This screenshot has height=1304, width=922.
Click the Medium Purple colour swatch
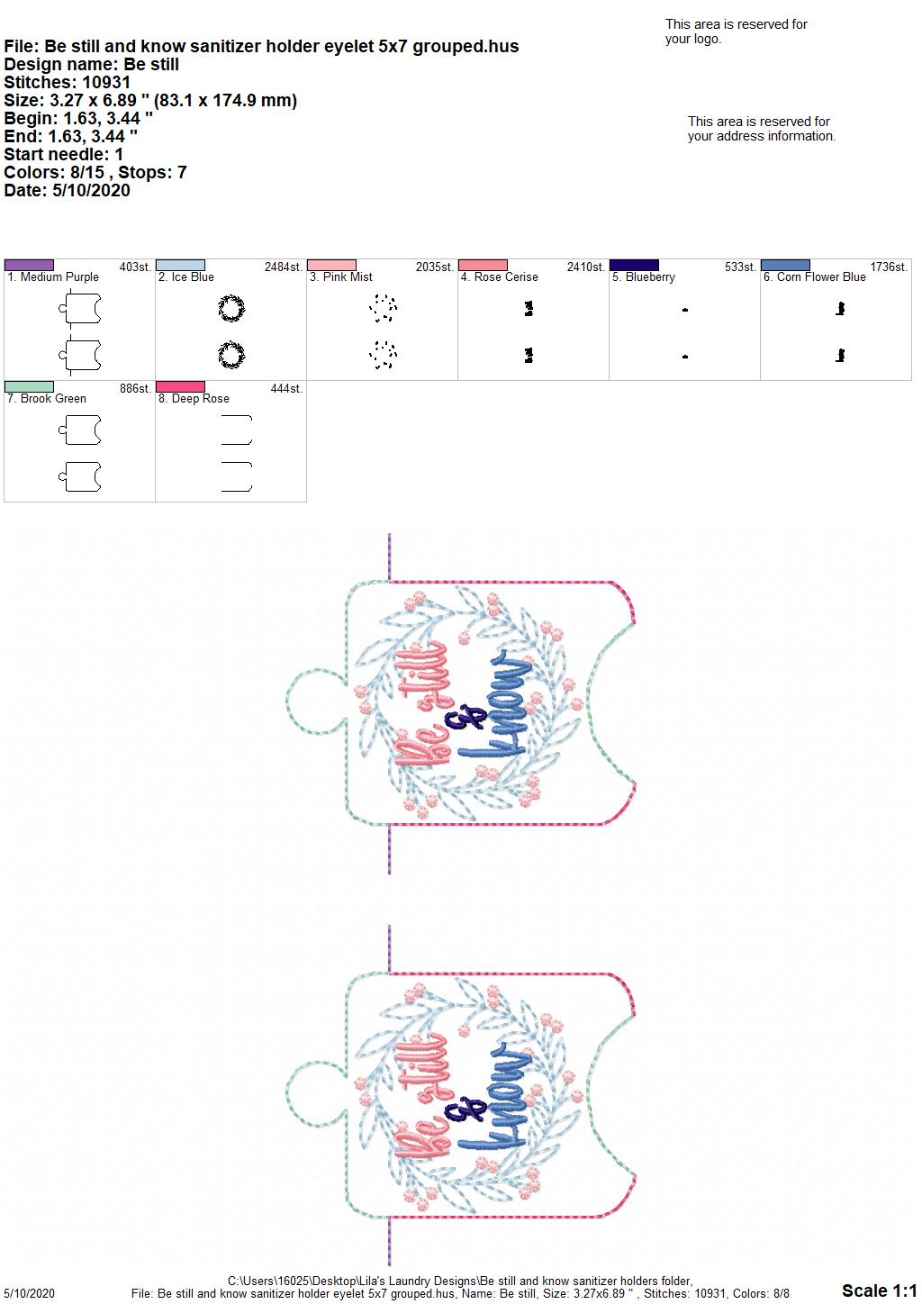pyautogui.click(x=29, y=265)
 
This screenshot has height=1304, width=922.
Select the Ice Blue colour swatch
pyautogui.click(x=180, y=265)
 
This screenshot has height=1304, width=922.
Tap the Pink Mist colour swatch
pyautogui.click(x=331, y=265)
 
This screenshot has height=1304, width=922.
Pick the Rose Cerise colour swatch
pyautogui.click(x=484, y=265)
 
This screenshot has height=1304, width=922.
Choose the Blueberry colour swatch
pyautogui.click(x=635, y=265)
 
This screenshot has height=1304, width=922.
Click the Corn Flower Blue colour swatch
pyautogui.click(x=786, y=265)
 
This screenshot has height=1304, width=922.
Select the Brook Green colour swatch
pyautogui.click(x=29, y=386)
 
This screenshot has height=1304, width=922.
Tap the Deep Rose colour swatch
pyautogui.click(x=180, y=386)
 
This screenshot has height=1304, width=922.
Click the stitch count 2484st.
pyautogui.click(x=284, y=267)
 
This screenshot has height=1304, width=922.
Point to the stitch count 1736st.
pyautogui.click(x=889, y=267)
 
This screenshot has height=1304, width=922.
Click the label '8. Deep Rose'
pyautogui.click(x=194, y=399)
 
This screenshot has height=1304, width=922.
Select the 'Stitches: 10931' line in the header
pyautogui.click(x=67, y=82)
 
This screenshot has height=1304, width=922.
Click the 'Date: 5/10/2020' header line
pyautogui.click(x=67, y=190)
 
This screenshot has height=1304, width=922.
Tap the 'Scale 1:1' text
pyautogui.click(x=880, y=1290)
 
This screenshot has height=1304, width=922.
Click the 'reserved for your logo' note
pyautogui.click(x=736, y=32)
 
